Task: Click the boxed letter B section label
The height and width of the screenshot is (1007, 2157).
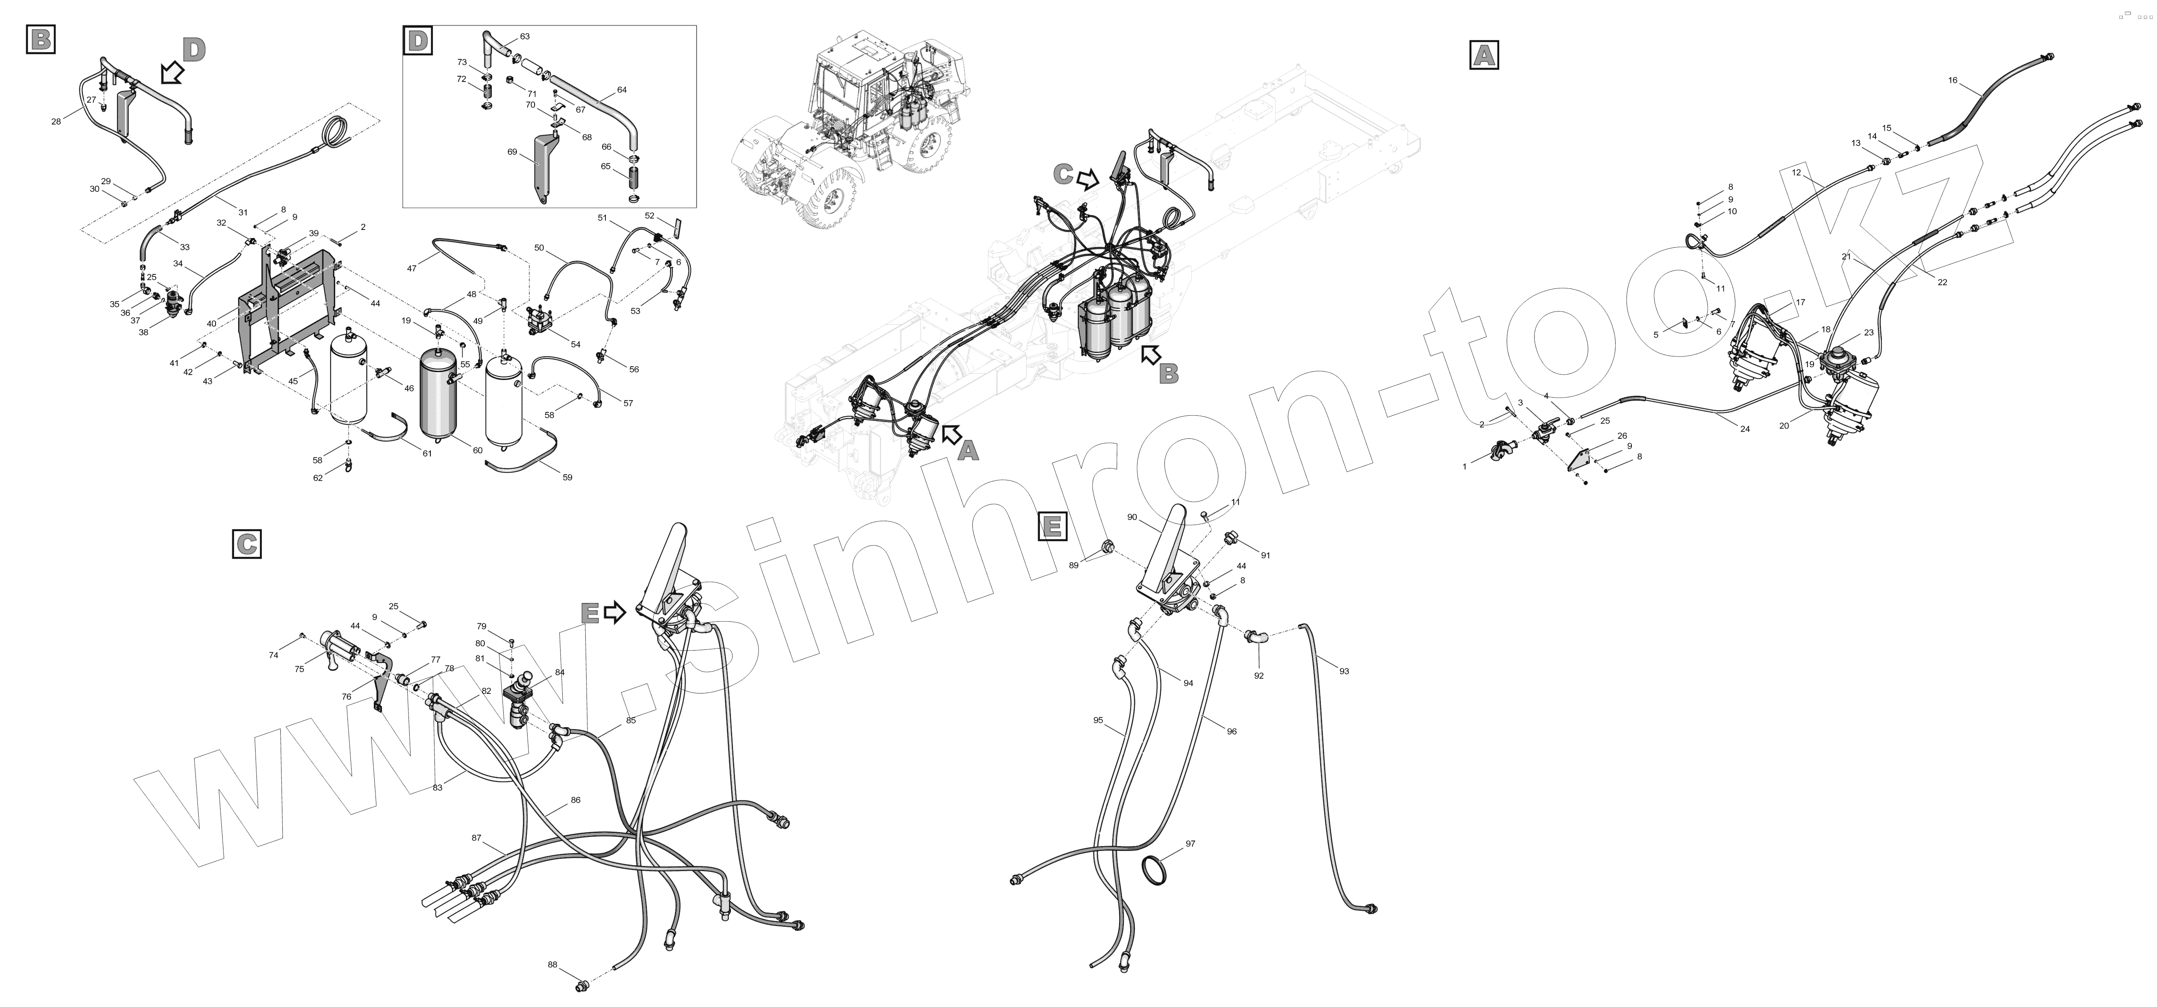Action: [x=41, y=39]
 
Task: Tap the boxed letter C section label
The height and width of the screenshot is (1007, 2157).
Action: [x=246, y=544]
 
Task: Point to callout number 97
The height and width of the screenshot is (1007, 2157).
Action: [x=1190, y=844]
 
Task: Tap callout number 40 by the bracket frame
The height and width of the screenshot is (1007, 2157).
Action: [x=211, y=323]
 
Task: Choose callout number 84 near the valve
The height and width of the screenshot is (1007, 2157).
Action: [x=559, y=672]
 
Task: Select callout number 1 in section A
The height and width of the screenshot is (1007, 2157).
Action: [x=1465, y=466]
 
